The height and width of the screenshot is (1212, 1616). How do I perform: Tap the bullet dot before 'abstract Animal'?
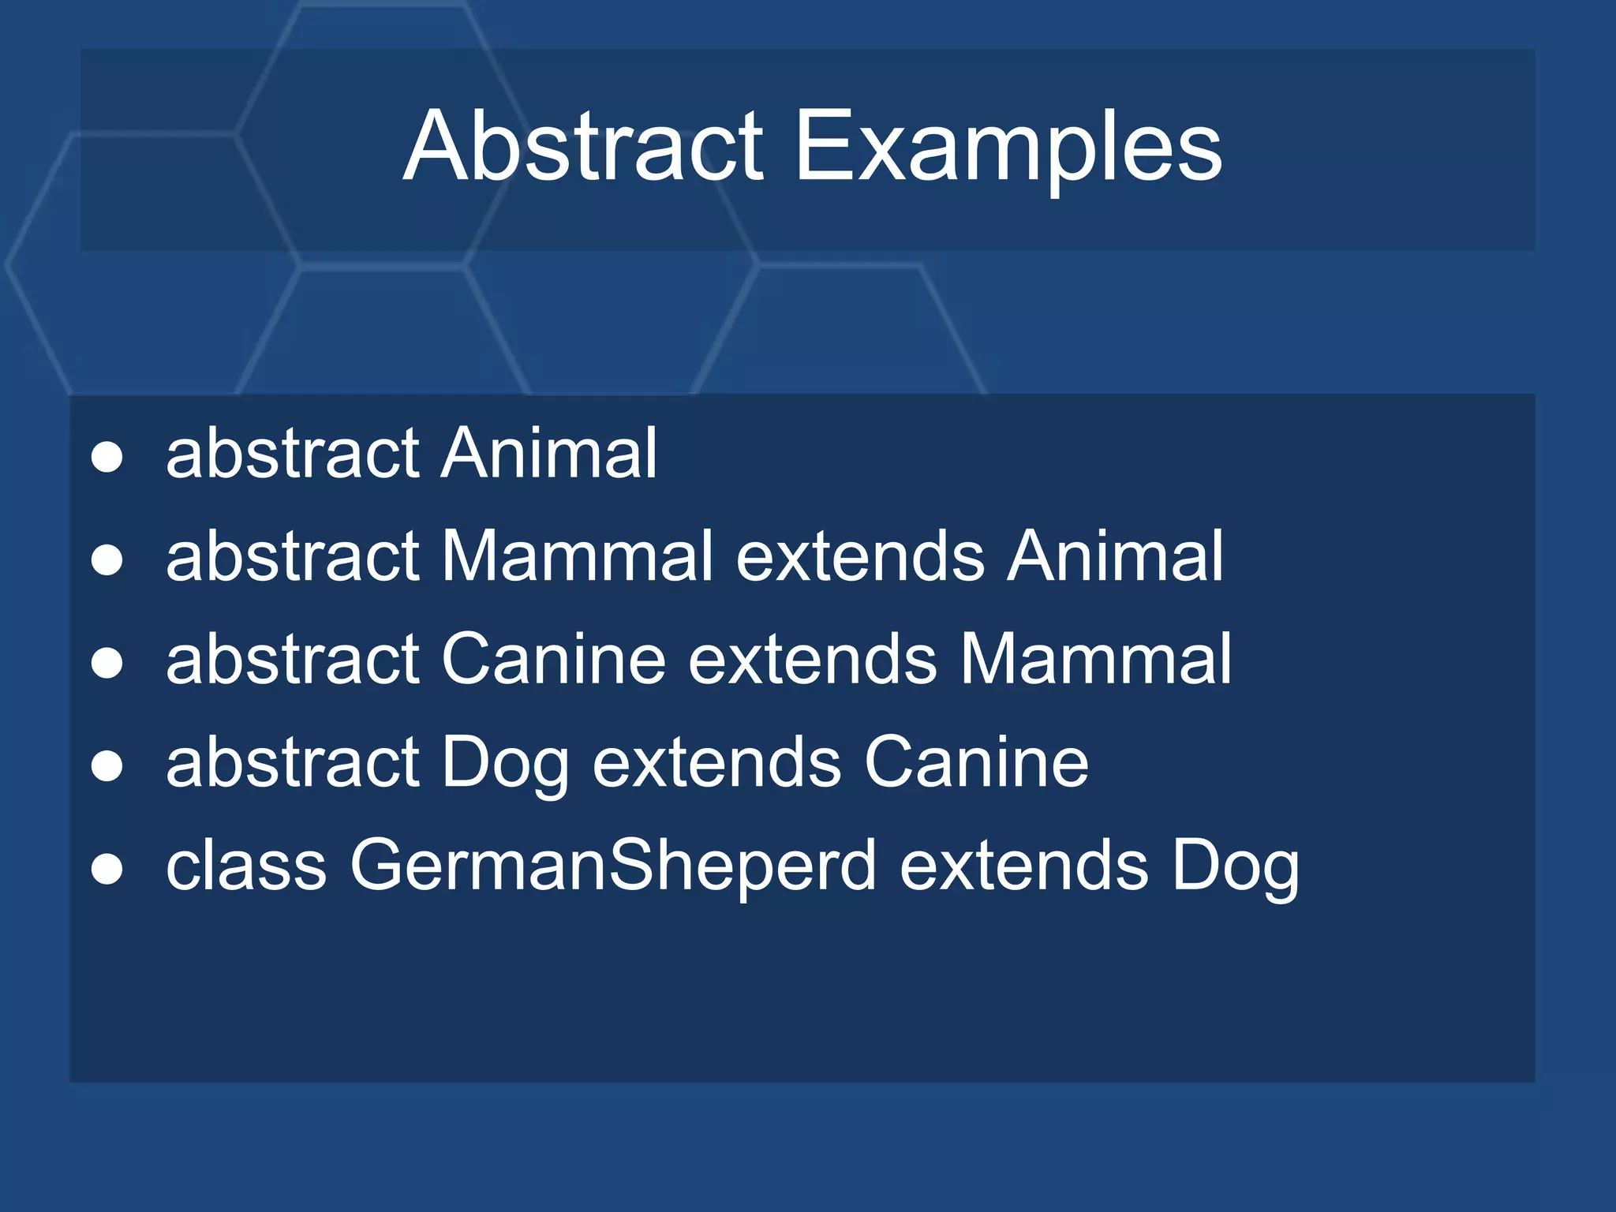coord(107,457)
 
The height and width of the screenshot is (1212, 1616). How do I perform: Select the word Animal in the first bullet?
coord(549,453)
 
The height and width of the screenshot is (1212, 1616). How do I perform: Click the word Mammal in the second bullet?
coord(577,556)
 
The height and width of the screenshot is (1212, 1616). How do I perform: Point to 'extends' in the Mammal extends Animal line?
coord(860,556)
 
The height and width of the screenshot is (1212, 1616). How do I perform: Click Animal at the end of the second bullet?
coord(1115,556)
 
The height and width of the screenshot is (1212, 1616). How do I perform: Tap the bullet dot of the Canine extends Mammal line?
coord(107,663)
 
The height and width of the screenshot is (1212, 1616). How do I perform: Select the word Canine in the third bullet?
coord(553,659)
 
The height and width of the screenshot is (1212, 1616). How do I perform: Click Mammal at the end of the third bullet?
coord(1095,659)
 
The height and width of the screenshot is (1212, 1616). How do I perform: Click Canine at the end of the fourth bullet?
coord(976,762)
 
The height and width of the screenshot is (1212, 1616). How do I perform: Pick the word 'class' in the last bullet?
coord(245,865)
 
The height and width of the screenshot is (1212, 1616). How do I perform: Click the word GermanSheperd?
coord(613,866)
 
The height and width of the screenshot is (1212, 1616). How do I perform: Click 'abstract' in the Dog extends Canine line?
coord(292,762)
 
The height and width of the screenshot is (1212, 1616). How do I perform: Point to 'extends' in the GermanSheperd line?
coord(1024,866)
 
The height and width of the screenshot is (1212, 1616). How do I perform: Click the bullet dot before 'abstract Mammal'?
coord(107,560)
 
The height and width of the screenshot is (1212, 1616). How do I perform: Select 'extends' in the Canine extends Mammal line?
coord(813,659)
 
